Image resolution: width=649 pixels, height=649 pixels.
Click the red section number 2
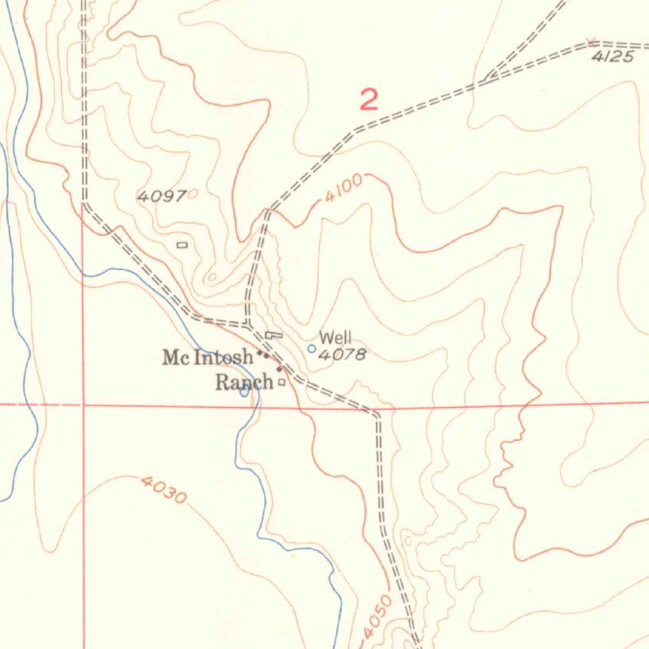click(x=369, y=100)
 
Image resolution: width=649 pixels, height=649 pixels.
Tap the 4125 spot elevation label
click(x=612, y=57)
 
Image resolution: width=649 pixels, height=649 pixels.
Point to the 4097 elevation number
click(x=162, y=196)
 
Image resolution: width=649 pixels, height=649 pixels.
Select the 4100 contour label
click(x=344, y=188)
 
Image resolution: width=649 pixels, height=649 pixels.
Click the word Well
click(x=335, y=337)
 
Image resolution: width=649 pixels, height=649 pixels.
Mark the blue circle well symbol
click(x=311, y=349)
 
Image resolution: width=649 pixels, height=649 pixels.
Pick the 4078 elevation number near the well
click(x=342, y=355)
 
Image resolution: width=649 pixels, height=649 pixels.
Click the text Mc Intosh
click(x=208, y=357)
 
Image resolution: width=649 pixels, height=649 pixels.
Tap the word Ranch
click(x=244, y=382)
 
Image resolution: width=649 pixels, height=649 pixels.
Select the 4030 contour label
click(x=164, y=489)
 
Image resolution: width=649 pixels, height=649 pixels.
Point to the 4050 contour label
click(x=378, y=617)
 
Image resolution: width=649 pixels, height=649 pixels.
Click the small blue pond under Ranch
click(x=245, y=392)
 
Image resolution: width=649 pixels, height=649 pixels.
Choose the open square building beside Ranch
click(x=281, y=382)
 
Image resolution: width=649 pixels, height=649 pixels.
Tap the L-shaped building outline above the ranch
click(x=274, y=334)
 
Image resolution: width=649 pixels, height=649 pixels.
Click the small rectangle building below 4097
click(x=182, y=245)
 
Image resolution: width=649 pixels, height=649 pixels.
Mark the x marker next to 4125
click(x=591, y=42)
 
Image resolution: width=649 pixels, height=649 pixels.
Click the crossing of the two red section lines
click(x=83, y=404)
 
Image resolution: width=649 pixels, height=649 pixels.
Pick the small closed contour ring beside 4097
click(x=192, y=195)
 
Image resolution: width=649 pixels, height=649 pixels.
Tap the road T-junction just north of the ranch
click(x=248, y=325)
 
